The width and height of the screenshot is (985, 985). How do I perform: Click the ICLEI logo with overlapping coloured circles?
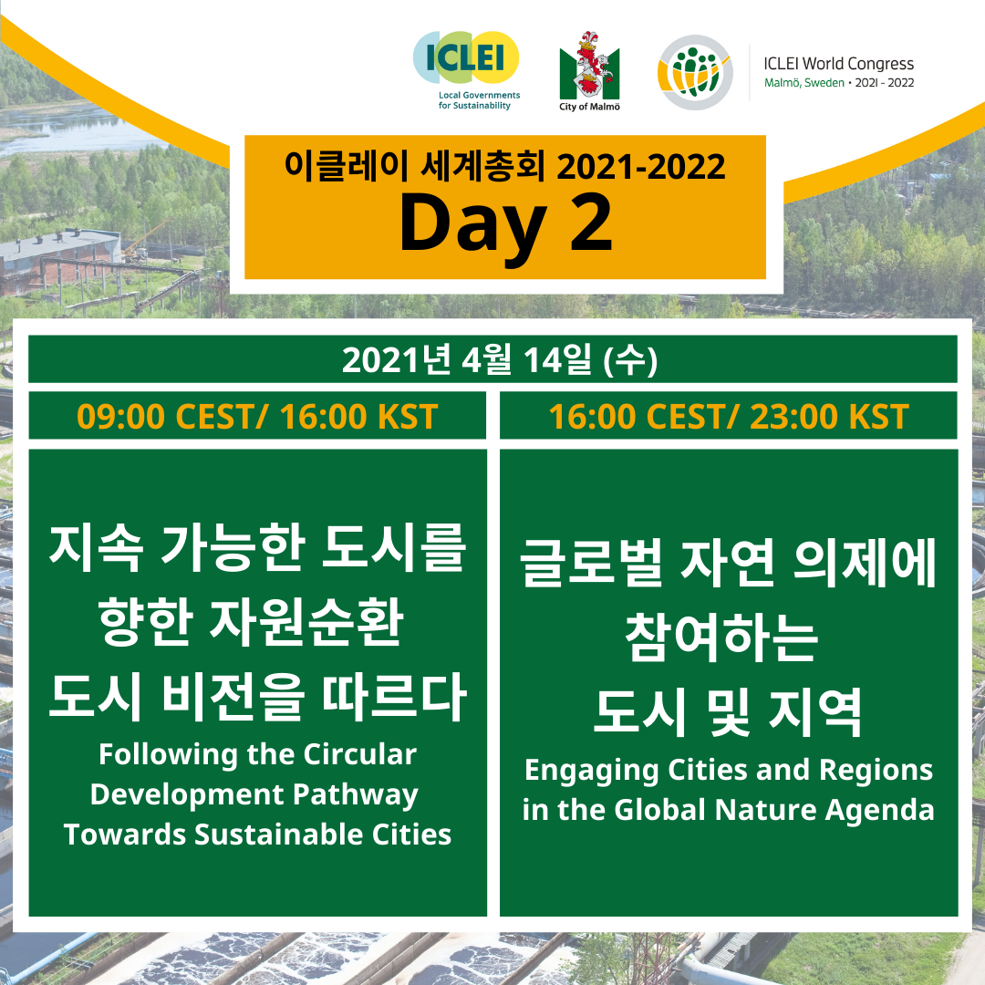465,57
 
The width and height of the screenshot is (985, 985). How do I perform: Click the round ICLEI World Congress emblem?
695,72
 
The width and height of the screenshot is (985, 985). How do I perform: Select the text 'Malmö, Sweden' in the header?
804,83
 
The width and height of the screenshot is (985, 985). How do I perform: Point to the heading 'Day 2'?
505,223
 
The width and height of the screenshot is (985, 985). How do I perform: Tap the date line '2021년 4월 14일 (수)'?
500,360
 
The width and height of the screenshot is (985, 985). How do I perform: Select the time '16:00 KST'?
358,417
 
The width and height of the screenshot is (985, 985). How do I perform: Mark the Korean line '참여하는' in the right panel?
722,638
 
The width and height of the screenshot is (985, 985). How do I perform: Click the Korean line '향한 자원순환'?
252,622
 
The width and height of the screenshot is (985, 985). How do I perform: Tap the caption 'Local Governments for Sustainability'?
480,100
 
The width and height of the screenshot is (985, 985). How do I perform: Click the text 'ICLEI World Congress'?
839,64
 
